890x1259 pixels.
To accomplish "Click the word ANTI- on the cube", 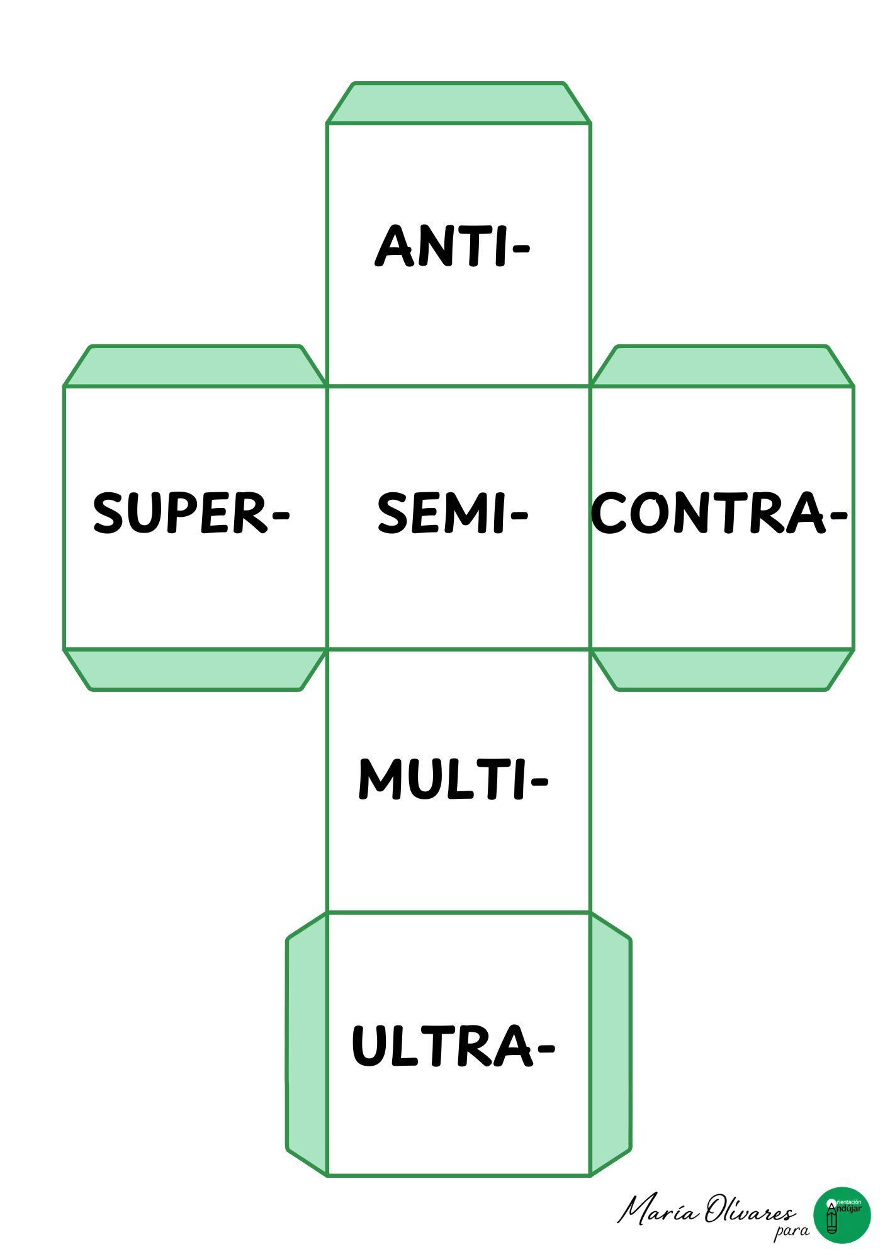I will tap(452, 246).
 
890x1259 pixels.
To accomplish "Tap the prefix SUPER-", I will tap(191, 514).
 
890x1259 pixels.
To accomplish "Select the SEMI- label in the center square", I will tap(452, 514).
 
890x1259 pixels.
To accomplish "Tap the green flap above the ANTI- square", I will tap(458, 103).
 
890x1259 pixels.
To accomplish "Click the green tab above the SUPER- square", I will tap(195, 366).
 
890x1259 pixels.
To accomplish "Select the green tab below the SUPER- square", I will tap(195, 669).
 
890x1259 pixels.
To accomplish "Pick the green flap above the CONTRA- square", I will tap(722, 366).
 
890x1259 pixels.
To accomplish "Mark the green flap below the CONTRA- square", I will tap(722, 669).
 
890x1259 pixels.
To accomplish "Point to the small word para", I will tap(791, 1231).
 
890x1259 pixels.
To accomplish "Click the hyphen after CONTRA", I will tap(838, 516).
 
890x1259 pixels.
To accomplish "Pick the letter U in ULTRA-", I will tap(365, 1046).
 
